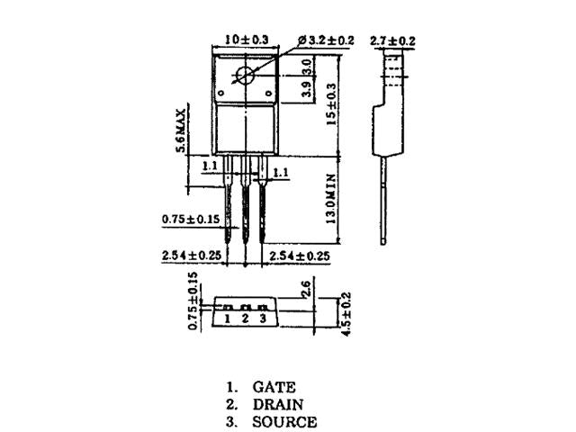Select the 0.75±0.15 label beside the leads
[x=192, y=219]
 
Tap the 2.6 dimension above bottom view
[x=306, y=288]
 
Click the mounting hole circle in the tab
[x=246, y=76]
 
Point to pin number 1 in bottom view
[x=228, y=318]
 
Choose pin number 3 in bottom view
[x=262, y=318]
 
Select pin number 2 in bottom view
[x=245, y=318]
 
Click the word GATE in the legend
[x=274, y=387]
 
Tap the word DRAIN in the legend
[x=277, y=404]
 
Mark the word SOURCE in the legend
[x=283, y=421]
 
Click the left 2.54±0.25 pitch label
[x=191, y=256]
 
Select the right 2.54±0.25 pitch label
[x=300, y=256]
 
